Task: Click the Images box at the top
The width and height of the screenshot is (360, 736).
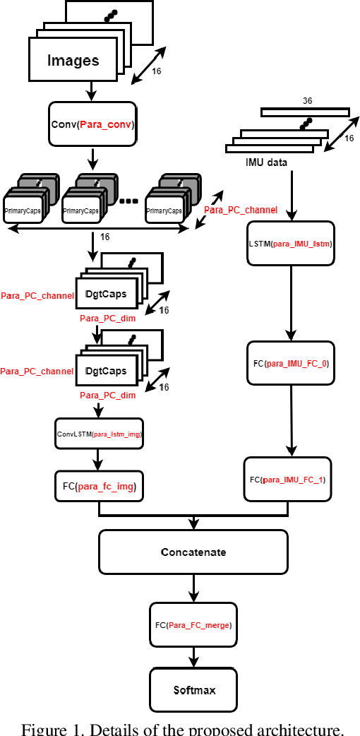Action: [73, 60]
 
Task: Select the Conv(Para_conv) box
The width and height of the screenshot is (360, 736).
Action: [92, 124]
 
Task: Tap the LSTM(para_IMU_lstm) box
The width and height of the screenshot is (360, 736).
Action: [289, 244]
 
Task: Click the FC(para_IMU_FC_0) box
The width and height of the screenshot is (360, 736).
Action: [290, 363]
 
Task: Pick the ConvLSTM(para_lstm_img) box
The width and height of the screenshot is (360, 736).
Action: [99, 434]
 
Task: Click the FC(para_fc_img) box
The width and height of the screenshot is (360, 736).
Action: [99, 486]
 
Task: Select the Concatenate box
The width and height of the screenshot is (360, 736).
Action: [193, 552]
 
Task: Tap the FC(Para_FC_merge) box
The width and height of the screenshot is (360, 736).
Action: [193, 624]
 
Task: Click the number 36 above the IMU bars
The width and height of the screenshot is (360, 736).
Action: [308, 101]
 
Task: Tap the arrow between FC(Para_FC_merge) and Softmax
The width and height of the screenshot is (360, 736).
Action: [193, 657]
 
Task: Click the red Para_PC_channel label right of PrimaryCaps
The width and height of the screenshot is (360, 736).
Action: [240, 210]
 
